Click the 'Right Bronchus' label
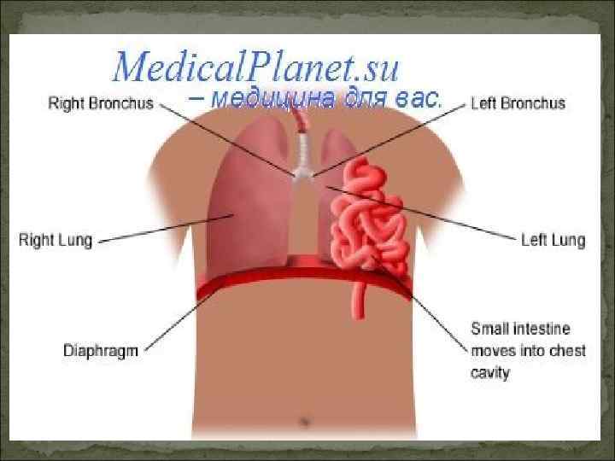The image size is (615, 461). pyautogui.click(x=99, y=103)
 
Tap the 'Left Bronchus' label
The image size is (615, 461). pyautogui.click(x=518, y=103)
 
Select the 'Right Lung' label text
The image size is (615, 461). pyautogui.click(x=56, y=240)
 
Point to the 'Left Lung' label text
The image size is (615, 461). pyautogui.click(x=553, y=240)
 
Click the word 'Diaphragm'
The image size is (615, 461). pyautogui.click(x=101, y=351)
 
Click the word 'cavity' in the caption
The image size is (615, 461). pyautogui.click(x=490, y=373)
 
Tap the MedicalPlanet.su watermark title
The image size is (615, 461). pyautogui.click(x=256, y=67)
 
